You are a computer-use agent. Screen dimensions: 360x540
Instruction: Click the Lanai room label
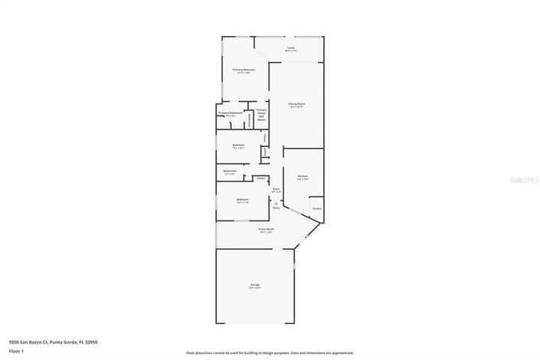click(291, 48)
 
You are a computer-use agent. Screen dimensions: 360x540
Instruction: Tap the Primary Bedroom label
click(244, 70)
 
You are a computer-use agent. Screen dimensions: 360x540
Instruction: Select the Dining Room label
click(297, 103)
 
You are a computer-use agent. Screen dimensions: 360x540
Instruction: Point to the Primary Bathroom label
click(230, 113)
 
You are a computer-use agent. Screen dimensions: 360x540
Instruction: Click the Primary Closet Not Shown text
click(261, 115)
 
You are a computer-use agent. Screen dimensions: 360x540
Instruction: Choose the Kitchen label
click(302, 176)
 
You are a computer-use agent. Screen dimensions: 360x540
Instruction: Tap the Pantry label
click(316, 208)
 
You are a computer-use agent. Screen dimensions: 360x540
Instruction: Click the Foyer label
click(276, 189)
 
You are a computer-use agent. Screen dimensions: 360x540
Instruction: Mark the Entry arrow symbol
click(276, 202)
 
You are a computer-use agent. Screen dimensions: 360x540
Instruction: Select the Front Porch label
click(266, 229)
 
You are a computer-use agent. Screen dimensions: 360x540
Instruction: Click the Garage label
click(255, 285)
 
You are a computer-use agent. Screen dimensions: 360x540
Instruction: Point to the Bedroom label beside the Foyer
click(242, 199)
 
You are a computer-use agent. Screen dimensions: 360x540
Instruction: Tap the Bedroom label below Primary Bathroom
click(238, 145)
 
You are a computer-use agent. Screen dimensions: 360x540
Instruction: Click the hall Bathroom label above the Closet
click(230, 171)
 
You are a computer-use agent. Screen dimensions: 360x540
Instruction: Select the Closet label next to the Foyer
click(260, 178)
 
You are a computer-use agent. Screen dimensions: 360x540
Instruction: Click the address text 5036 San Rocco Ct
click(53, 342)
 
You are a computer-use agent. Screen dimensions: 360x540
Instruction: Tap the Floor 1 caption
click(16, 351)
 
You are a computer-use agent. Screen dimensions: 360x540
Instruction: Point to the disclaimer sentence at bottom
click(270, 352)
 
